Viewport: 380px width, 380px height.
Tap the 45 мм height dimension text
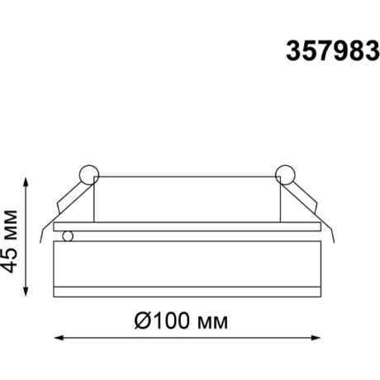click(x=12, y=247)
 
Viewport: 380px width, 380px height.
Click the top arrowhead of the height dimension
click(x=28, y=180)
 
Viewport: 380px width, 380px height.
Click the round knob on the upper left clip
click(x=88, y=174)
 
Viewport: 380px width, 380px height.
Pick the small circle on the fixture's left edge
click(x=69, y=236)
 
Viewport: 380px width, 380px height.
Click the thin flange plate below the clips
click(x=187, y=226)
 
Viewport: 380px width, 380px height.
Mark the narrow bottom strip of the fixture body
click(x=187, y=290)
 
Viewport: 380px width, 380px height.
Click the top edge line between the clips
click(x=187, y=176)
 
